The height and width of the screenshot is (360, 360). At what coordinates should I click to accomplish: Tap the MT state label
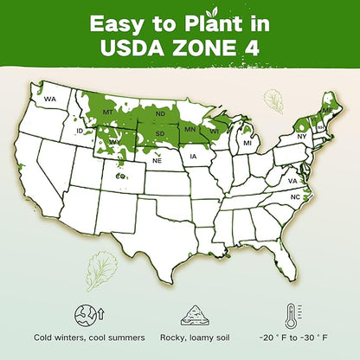pyautogui.click(x=109, y=112)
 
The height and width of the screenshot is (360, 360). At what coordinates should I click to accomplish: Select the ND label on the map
pyautogui.click(x=160, y=113)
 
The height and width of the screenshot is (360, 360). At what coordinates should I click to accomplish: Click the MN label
pyautogui.click(x=188, y=130)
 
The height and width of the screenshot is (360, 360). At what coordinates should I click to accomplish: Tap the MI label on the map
pyautogui.click(x=247, y=142)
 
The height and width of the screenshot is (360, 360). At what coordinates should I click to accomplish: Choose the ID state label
pyautogui.click(x=80, y=131)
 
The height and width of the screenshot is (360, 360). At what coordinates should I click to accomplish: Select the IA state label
pyautogui.click(x=193, y=156)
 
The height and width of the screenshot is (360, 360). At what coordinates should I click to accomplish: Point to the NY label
pyautogui.click(x=302, y=137)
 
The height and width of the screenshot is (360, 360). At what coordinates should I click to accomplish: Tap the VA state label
pyautogui.click(x=293, y=181)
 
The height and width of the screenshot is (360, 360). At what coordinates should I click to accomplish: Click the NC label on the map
pyautogui.click(x=295, y=197)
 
